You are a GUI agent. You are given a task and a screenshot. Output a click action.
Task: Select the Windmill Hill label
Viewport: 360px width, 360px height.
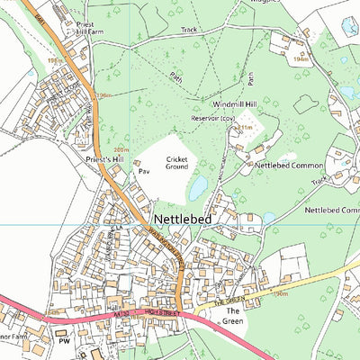(x=220, y=104)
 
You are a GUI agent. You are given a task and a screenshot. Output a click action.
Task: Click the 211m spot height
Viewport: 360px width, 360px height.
(x=242, y=129)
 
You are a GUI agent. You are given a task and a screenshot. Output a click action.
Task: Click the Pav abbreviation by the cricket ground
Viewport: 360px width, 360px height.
(x=142, y=169)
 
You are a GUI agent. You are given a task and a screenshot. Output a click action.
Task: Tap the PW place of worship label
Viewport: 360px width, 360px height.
(x=63, y=343)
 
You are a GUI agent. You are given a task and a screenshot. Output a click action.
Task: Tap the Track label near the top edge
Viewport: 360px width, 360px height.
(x=187, y=30)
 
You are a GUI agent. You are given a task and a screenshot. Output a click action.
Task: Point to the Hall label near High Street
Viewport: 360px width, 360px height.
(x=113, y=307)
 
